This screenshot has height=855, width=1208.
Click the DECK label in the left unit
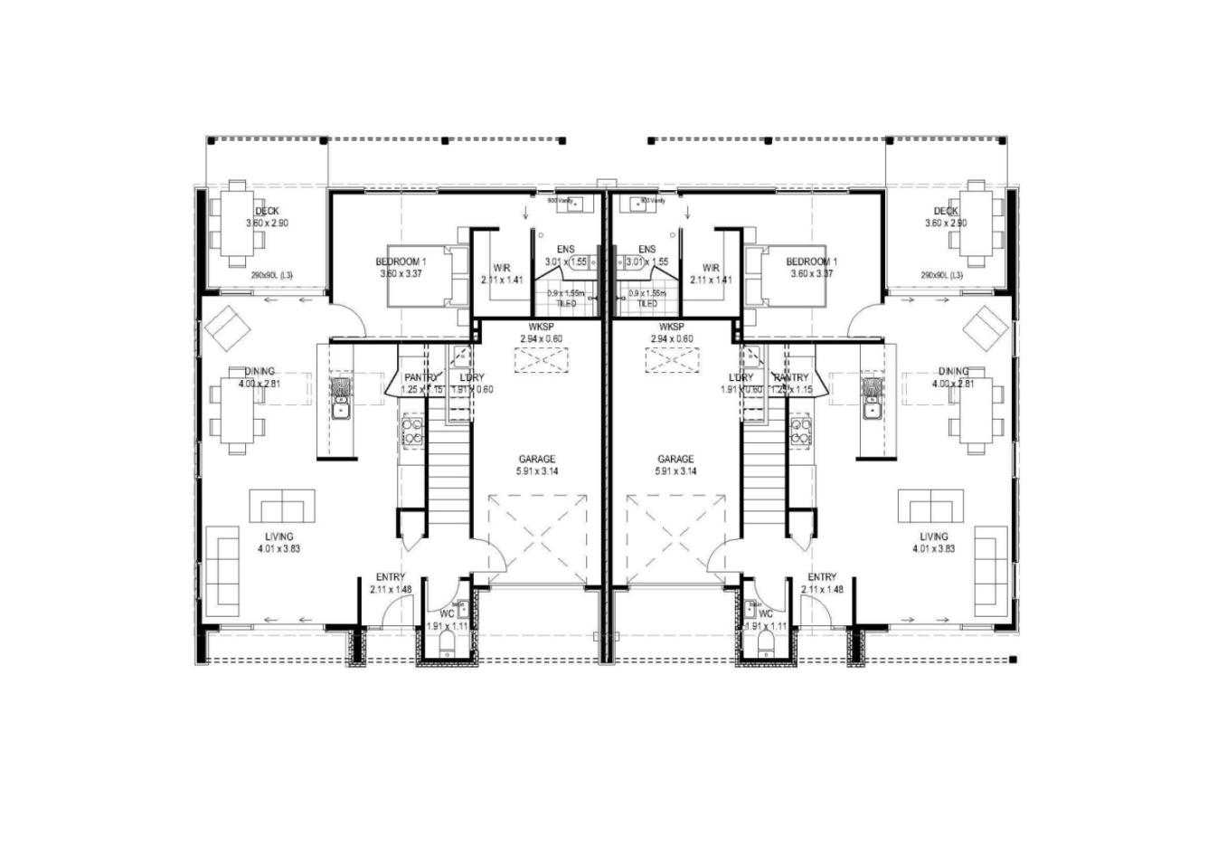pyautogui.click(x=268, y=211)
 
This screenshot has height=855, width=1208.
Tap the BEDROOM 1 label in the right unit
pyautogui.click(x=812, y=261)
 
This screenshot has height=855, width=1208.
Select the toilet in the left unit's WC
pyautogui.click(x=448, y=644)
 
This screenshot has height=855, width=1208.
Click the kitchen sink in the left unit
pyautogui.click(x=341, y=411)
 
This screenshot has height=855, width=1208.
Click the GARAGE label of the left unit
pyautogui.click(x=537, y=459)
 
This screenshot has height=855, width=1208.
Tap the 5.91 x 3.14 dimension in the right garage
pyautogui.click(x=676, y=471)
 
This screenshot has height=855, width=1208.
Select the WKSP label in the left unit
pyautogui.click(x=541, y=327)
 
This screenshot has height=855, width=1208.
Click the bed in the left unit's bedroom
pyautogui.click(x=423, y=275)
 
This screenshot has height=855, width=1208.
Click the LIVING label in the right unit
pyautogui.click(x=934, y=537)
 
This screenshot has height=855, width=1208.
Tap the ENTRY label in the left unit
pyautogui.click(x=391, y=577)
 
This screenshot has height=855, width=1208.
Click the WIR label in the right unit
pyautogui.click(x=711, y=268)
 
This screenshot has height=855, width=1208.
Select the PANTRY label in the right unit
pyautogui.click(x=791, y=377)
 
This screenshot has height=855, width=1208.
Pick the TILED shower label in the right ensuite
pyautogui.click(x=647, y=304)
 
